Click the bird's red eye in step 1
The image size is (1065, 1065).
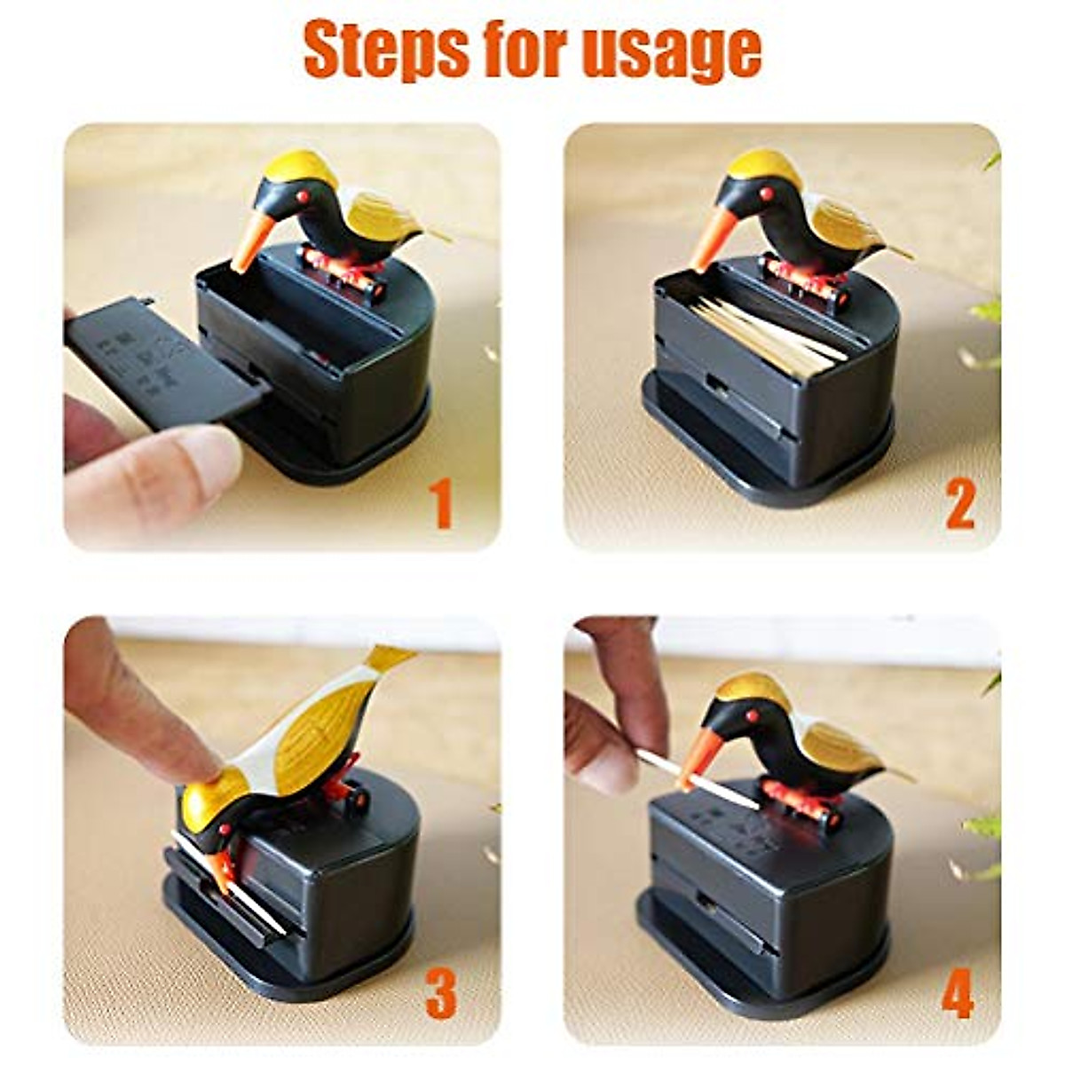click(x=302, y=194)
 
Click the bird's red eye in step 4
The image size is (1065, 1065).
click(x=753, y=715)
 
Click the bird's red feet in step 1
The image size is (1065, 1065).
click(x=342, y=266)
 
